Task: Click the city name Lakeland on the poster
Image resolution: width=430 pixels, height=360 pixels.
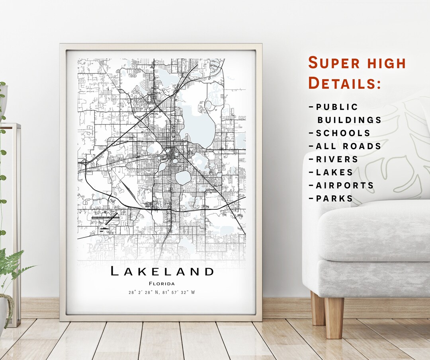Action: click(x=162, y=272)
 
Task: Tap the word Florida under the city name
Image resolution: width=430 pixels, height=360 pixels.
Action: click(x=162, y=284)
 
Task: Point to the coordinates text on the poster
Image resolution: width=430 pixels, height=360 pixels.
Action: click(x=162, y=292)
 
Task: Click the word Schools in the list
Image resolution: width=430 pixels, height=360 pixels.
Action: click(x=343, y=133)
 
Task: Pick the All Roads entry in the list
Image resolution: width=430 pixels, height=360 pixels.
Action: click(x=348, y=146)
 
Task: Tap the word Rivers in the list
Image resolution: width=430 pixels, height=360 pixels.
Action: click(x=337, y=160)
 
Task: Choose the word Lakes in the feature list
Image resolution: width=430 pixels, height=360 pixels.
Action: click(x=334, y=172)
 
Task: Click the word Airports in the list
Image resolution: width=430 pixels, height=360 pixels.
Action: click(x=345, y=185)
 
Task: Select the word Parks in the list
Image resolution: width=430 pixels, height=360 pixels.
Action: click(x=334, y=198)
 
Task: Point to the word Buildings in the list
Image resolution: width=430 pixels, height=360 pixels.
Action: click(x=349, y=120)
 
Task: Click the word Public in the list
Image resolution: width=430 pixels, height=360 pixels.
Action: click(x=337, y=107)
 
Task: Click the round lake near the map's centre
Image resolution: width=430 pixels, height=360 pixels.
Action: click(x=183, y=177)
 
